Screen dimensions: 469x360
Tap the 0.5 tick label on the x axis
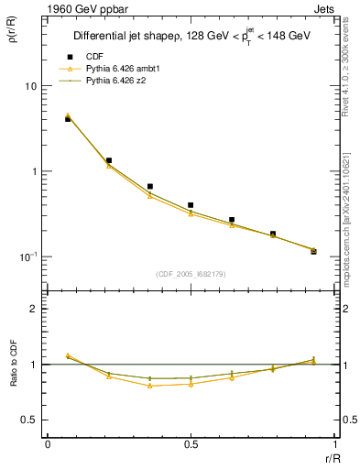point(191,445)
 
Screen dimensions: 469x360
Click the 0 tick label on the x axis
point(47,445)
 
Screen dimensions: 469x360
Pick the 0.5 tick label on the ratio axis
point(29,420)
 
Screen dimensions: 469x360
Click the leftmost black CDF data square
point(68,119)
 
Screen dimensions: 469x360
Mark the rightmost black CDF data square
point(313,251)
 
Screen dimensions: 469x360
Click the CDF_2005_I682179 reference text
point(191,273)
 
